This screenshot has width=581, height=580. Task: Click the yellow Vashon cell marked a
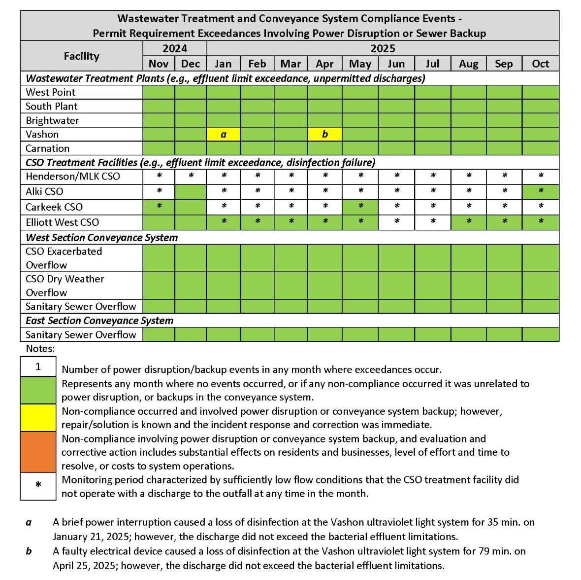pos(223,134)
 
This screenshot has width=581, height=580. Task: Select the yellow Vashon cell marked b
pos(324,134)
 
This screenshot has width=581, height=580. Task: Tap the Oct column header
pos(540,64)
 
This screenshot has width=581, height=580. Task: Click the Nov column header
pos(159,64)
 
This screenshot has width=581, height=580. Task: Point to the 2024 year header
pos(175,48)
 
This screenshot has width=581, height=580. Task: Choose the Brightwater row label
pos(52,120)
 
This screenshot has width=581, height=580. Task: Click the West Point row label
pos(51,92)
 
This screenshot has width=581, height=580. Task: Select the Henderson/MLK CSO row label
pos(73,177)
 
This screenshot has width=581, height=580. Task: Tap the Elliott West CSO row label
pos(63,222)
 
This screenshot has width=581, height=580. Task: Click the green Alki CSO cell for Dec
pos(191,191)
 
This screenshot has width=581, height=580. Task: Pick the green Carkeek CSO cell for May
pos(360,207)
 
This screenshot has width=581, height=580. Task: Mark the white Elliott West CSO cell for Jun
pos(396,222)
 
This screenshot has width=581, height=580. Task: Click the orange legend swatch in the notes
pos(38,452)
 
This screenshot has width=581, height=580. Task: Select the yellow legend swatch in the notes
pos(38,418)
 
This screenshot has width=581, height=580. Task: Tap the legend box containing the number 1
pos(38,367)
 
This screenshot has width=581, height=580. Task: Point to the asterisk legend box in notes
pos(38,486)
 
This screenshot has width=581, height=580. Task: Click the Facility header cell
pos(82,56)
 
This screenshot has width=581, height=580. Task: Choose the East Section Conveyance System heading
pos(99,321)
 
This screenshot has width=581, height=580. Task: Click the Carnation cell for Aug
pos(468,148)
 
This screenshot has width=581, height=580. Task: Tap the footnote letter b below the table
pos(29,551)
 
